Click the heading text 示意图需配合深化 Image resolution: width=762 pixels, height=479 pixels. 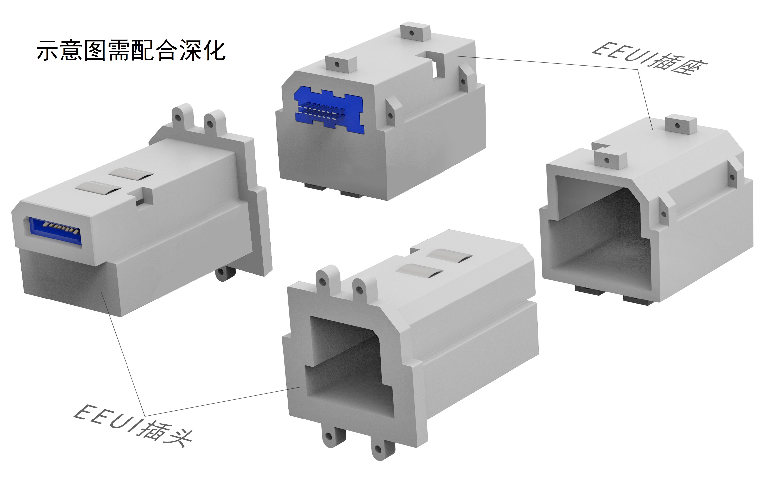coord(131,50)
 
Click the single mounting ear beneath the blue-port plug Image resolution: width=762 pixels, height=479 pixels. coord(225,274)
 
